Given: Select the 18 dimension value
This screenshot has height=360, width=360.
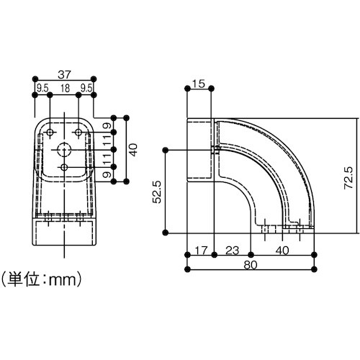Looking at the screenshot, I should (x=65, y=89).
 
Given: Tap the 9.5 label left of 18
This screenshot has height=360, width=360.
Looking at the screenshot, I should (x=42, y=89).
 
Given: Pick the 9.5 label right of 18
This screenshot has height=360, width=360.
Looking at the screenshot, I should (x=87, y=89).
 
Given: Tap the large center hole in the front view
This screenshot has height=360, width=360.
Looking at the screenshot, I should (x=65, y=149).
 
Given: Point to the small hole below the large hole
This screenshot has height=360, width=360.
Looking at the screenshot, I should (x=65, y=167).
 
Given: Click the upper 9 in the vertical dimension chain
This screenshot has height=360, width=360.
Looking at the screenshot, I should (x=106, y=127).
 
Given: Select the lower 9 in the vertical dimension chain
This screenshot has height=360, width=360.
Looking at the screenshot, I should (x=106, y=175).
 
